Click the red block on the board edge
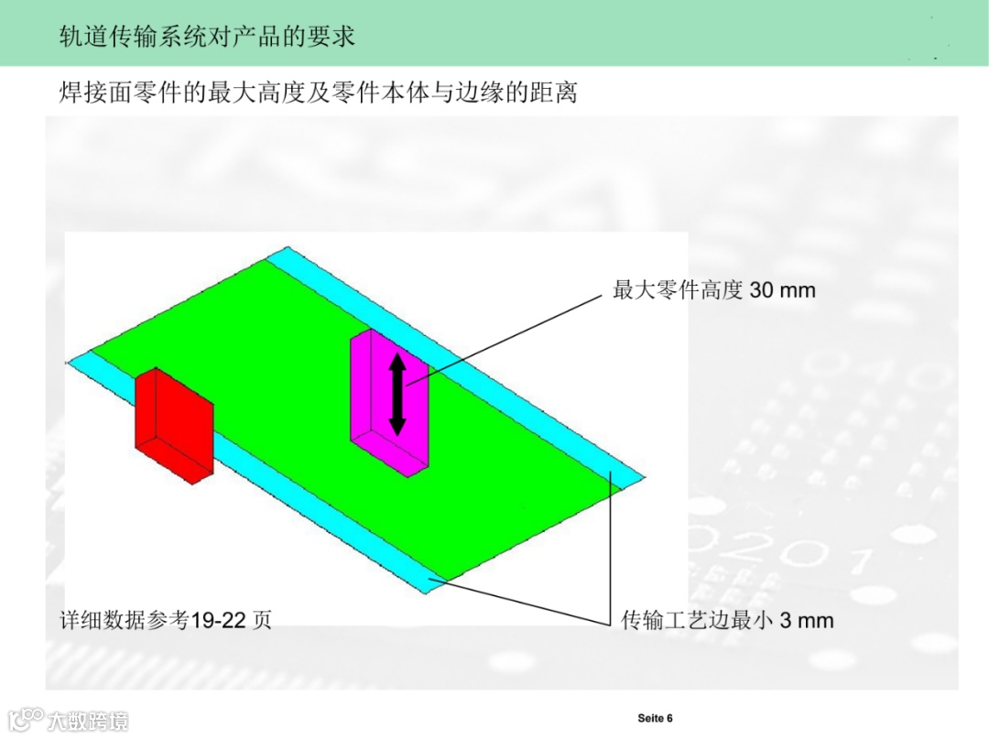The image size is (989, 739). (174, 426)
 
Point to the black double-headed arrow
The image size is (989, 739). (397, 395)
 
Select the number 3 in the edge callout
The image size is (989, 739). (786, 621)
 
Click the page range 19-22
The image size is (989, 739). (218, 620)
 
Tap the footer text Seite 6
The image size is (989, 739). (655, 718)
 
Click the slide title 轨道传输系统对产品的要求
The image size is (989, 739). (207, 36)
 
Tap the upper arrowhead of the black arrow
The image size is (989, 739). (397, 362)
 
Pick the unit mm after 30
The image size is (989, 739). (797, 290)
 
